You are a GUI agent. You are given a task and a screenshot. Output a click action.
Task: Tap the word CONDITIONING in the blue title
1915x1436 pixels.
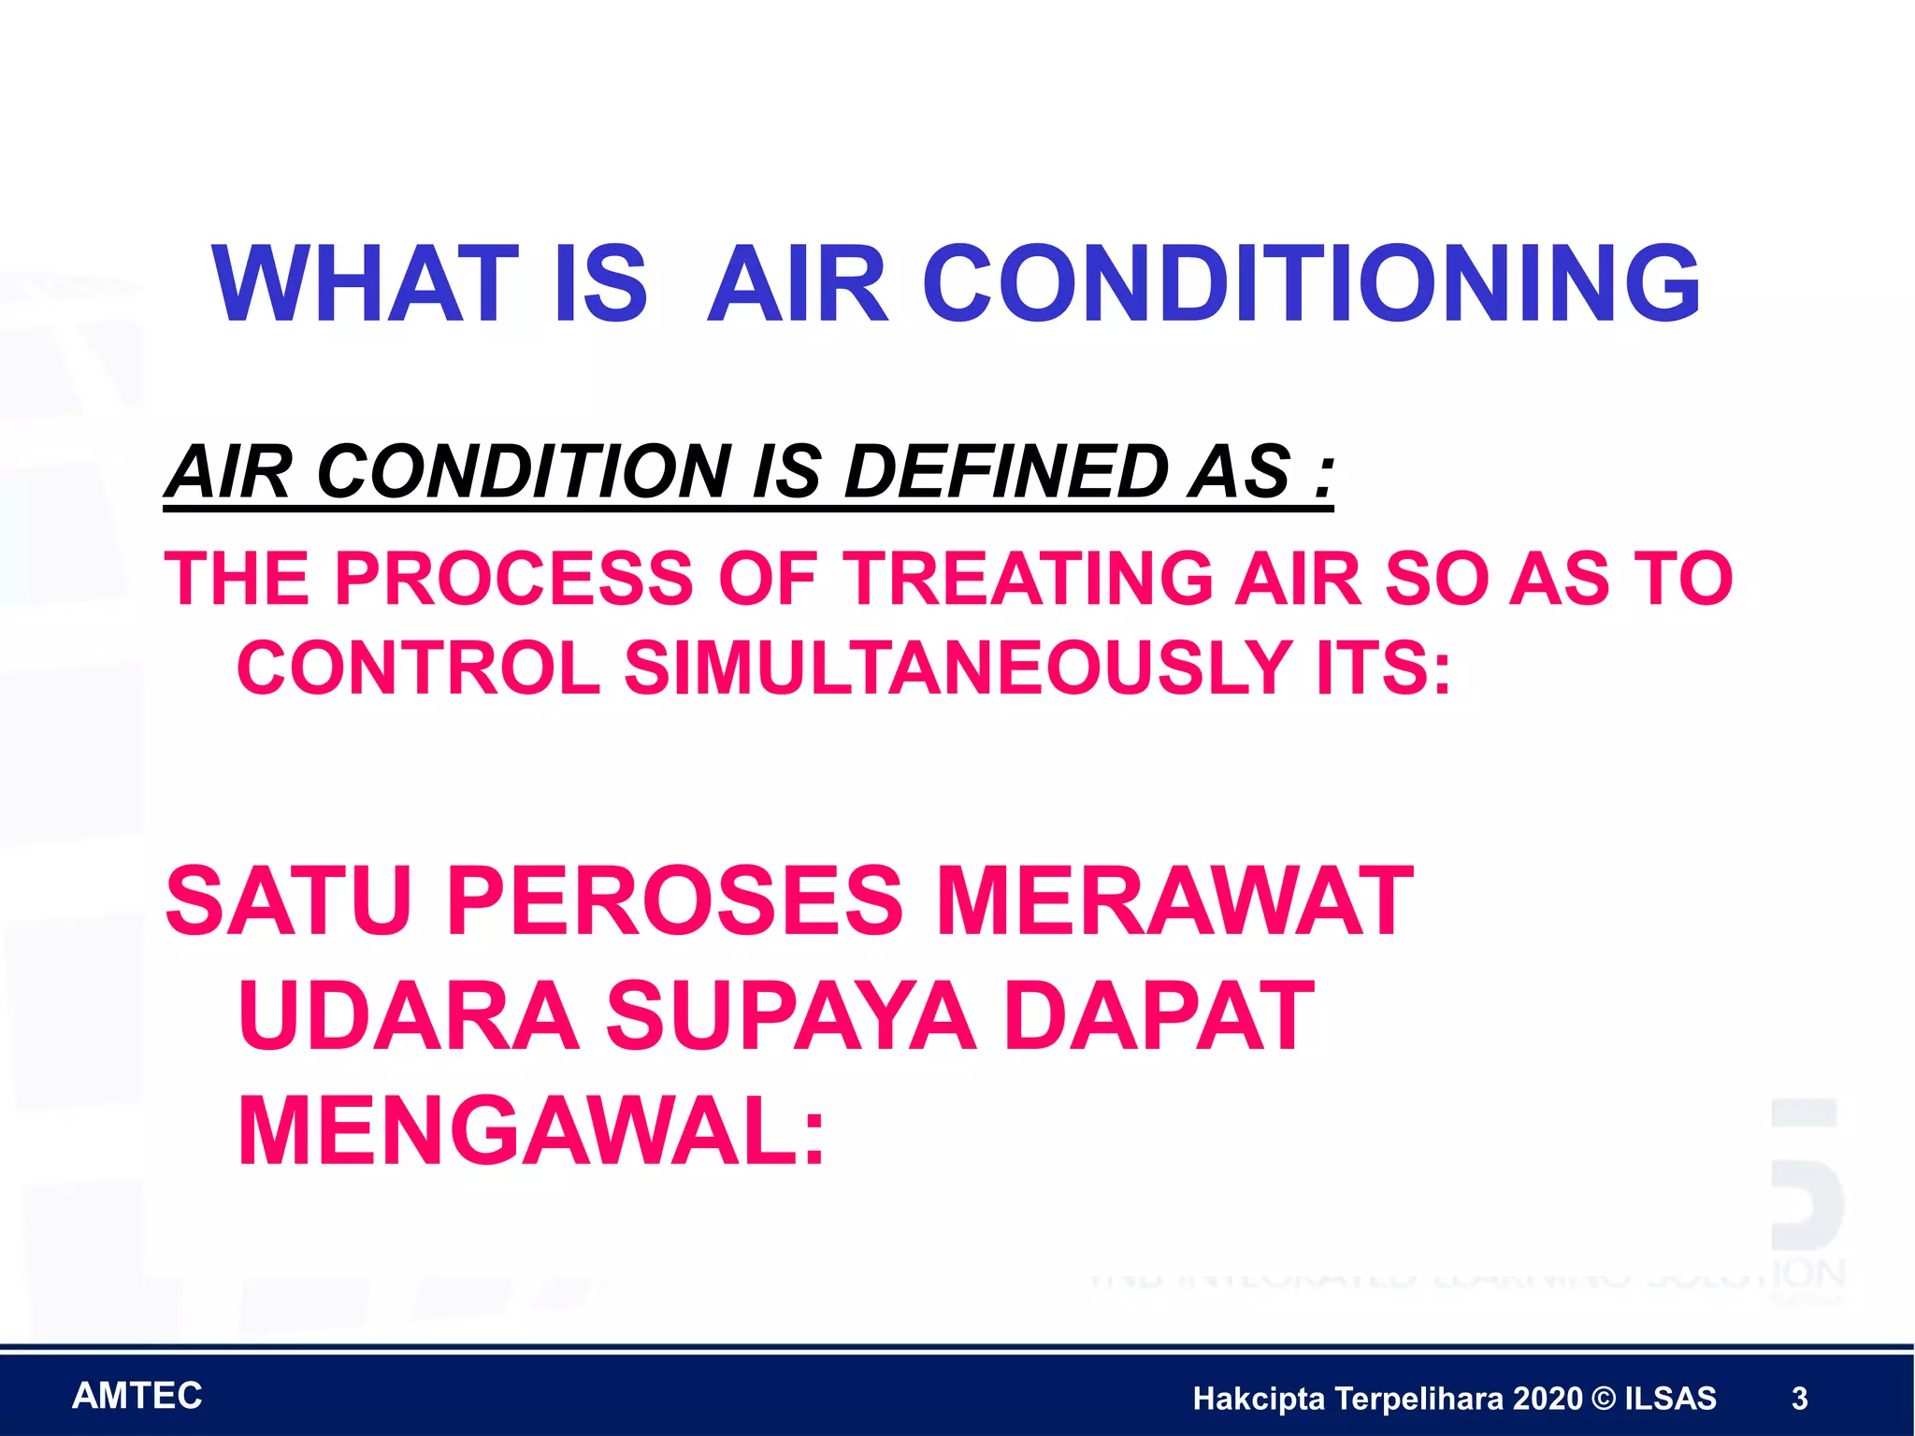1311,284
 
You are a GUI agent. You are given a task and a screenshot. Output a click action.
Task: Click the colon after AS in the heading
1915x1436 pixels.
1322,473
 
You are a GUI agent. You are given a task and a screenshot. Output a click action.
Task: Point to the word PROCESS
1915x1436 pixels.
513,579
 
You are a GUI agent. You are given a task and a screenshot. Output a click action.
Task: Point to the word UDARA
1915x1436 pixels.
409,1016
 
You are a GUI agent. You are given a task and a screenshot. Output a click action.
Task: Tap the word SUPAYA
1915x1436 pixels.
791,1016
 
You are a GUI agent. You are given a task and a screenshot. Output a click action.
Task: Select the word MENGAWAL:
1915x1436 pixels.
531,1132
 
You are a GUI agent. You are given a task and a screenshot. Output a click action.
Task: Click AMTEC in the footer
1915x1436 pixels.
137,1396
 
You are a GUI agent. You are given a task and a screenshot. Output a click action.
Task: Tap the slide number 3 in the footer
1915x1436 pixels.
1799,1399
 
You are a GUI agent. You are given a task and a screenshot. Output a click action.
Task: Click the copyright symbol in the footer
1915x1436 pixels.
1603,1399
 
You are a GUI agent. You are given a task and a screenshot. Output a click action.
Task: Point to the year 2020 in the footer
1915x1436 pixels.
1548,1399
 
